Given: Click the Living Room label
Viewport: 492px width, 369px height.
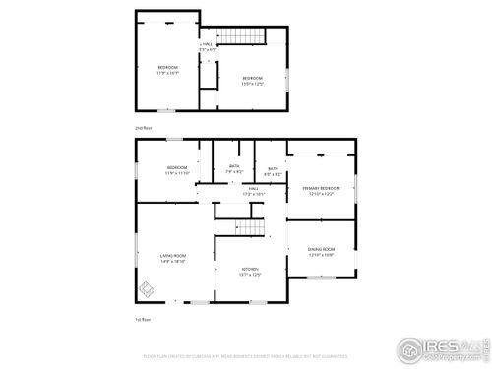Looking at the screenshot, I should [173, 255].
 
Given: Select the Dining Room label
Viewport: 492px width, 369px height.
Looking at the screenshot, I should [322, 249].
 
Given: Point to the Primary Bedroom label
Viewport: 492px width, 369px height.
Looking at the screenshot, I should [322, 187].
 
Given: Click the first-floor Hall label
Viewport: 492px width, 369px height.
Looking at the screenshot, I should [253, 188].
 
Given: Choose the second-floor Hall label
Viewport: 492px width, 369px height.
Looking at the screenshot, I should [208, 45].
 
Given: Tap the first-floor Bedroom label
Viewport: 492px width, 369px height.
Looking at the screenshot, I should [177, 167].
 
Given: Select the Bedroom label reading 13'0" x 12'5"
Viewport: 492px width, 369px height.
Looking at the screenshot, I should [253, 78].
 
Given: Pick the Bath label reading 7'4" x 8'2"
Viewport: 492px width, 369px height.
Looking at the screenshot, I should [234, 167].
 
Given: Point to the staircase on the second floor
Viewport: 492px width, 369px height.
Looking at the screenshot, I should [242, 36].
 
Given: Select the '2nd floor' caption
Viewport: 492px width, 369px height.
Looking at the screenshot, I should [143, 128].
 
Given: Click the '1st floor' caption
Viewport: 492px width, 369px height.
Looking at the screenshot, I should [143, 319].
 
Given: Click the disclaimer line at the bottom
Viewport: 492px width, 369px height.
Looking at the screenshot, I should [245, 356].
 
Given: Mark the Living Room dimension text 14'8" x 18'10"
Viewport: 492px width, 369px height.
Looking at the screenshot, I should [173, 261].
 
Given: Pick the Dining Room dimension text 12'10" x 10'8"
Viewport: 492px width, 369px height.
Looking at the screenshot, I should [322, 255].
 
